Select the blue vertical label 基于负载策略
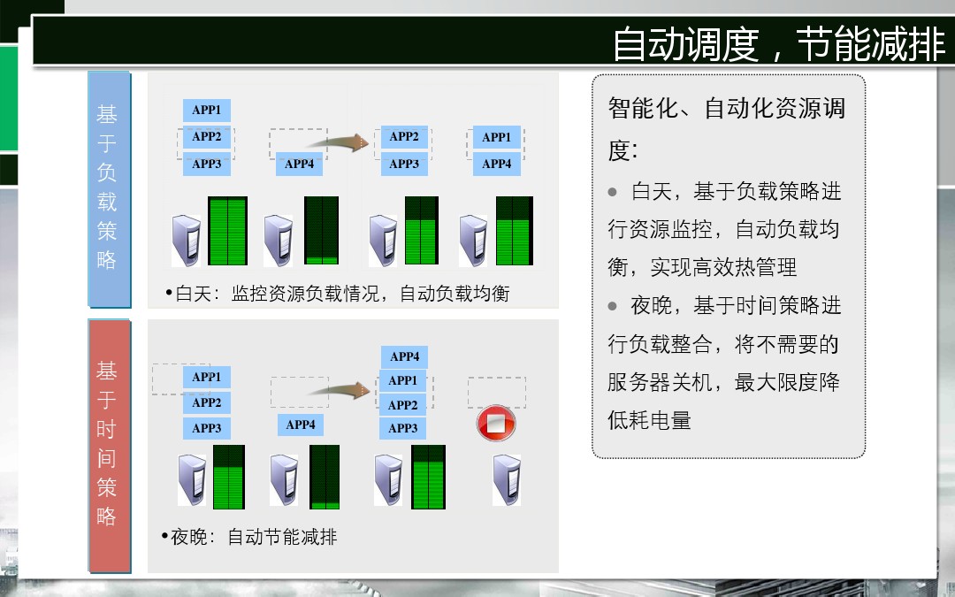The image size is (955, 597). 110,189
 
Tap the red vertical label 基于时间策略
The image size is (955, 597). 110,445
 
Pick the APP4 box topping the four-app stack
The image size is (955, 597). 404,356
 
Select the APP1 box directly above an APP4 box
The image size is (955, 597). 497,137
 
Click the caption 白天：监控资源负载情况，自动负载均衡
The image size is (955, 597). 338,294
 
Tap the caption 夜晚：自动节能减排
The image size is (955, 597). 249,537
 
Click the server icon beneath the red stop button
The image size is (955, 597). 507,480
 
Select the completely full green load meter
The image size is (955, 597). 228,231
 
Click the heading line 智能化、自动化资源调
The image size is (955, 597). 727,109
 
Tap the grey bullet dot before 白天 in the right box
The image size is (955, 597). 612,193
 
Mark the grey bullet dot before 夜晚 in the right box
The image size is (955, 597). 612,306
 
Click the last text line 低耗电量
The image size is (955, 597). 649,420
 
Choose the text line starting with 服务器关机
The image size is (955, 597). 723,382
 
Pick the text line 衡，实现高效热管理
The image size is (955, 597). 702,267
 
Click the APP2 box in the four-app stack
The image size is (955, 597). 402,405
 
